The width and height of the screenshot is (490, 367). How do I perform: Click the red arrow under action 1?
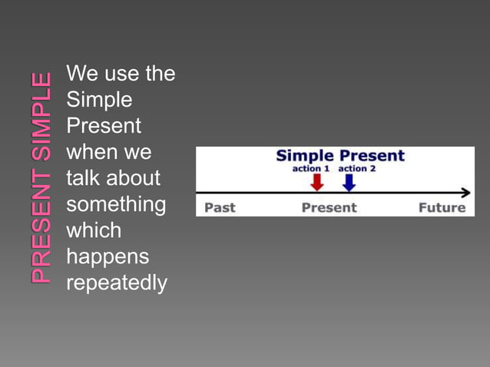[x=316, y=182]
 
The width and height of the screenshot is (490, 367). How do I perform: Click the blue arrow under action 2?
[x=349, y=182]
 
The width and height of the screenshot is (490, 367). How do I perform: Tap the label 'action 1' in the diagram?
[x=310, y=169]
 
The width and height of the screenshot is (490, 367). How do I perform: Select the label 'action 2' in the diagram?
[x=357, y=169]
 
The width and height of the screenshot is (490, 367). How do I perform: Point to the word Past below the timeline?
[x=220, y=207]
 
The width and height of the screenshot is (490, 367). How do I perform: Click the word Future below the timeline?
[x=442, y=207]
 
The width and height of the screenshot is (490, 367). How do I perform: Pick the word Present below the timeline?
[x=329, y=207]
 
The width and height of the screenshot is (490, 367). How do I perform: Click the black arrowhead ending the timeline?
[x=465, y=193]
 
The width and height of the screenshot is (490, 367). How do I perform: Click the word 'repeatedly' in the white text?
[x=117, y=283]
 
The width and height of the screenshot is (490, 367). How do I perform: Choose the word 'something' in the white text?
[x=116, y=204]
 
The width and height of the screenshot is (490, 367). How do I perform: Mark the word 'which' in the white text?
[x=94, y=230]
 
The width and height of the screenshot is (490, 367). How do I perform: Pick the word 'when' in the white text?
[x=91, y=152]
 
